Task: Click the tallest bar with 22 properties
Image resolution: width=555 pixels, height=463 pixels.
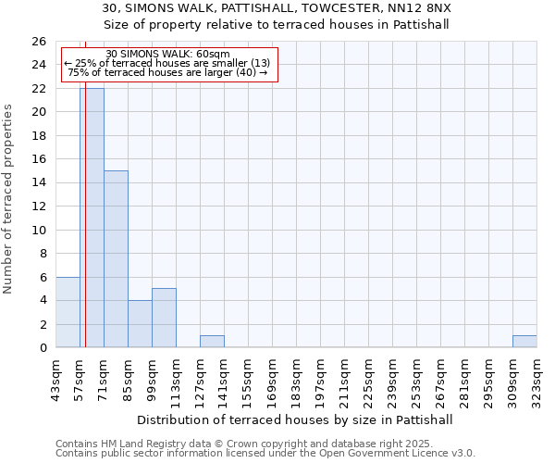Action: coord(92,218)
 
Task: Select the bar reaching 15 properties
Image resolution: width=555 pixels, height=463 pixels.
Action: coord(116,259)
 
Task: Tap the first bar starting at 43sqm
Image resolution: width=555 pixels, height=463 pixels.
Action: coord(68,312)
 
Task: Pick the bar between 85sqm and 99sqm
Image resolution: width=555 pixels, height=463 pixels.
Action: coord(140,324)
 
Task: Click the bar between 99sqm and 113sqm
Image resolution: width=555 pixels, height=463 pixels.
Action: coord(164,318)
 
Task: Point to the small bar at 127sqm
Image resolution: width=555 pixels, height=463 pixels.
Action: coord(212,342)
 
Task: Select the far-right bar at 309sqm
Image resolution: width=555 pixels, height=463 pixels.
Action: coord(524,342)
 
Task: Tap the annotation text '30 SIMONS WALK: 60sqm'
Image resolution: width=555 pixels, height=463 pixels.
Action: coord(168,55)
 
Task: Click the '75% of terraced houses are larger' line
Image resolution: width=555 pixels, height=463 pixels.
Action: coord(168,72)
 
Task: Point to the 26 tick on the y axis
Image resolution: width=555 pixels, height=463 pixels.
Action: coord(38,42)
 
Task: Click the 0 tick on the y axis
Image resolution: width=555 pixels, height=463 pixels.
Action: coord(42,348)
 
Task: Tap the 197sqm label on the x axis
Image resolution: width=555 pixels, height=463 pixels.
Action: coord(320,377)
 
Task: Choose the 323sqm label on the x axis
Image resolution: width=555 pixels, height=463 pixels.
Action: coord(536,377)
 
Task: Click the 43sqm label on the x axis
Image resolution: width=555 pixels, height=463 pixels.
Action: coord(55,377)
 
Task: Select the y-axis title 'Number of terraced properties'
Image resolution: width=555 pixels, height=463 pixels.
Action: coord(9,199)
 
